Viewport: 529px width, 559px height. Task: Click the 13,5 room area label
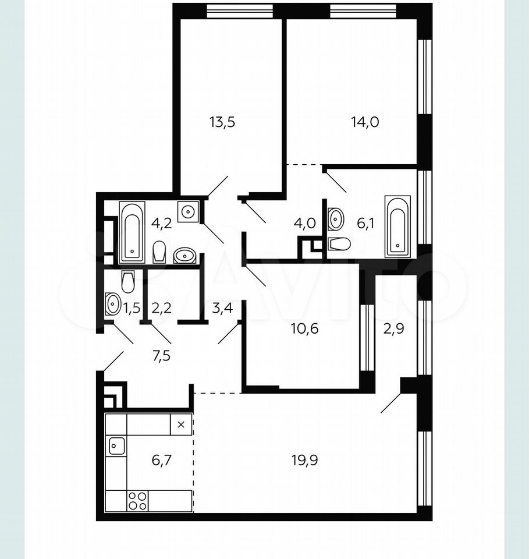(x=222, y=122)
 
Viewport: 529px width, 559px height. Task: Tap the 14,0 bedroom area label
(x=365, y=122)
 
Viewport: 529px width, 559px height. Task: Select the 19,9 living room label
(x=304, y=460)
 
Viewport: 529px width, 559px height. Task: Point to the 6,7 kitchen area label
(x=162, y=460)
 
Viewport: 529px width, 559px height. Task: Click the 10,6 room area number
(x=304, y=328)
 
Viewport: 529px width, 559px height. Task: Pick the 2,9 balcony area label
(x=393, y=328)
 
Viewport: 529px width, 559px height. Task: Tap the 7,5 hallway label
(x=162, y=356)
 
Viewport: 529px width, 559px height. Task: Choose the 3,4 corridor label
(x=222, y=307)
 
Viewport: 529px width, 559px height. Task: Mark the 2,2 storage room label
(x=161, y=307)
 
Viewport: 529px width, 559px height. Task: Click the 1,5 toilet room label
(x=132, y=307)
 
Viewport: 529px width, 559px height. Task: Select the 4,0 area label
(x=304, y=224)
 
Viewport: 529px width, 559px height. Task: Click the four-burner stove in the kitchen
(x=137, y=501)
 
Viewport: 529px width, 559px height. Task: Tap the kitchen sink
(x=117, y=445)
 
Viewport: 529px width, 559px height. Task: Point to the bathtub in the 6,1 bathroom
(x=397, y=226)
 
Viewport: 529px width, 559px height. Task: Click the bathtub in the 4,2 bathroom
(x=132, y=232)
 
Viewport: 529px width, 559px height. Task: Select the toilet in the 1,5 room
(x=128, y=282)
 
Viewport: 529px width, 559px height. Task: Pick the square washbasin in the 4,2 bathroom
(x=188, y=211)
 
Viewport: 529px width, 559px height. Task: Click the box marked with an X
(x=181, y=424)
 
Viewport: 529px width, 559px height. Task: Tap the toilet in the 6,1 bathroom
(x=340, y=244)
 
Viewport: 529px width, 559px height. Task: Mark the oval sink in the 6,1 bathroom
(x=336, y=219)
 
